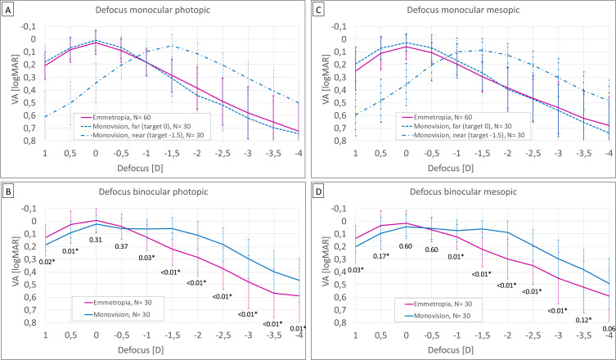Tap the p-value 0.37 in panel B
tap(122, 247)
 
